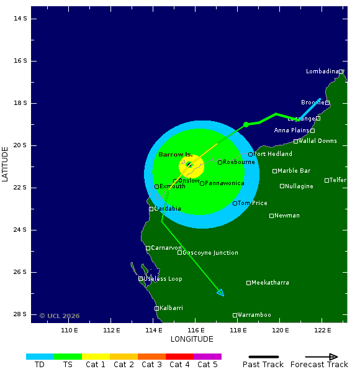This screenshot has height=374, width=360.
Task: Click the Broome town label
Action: pyautogui.click(x=312, y=103)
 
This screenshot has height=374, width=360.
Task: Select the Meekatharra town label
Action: pyautogui.click(x=270, y=283)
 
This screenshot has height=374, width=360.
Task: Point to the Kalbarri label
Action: pyautogui.click(x=171, y=308)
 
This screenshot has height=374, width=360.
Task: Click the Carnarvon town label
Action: pyautogui.click(x=166, y=248)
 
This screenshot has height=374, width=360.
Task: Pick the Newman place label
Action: pyautogui.click(x=287, y=216)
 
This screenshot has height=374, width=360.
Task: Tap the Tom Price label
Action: pyautogui.click(x=252, y=203)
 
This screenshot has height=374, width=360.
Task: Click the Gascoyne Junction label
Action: pyautogui.click(x=210, y=253)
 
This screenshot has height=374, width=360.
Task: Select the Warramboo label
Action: pyautogui.click(x=254, y=315)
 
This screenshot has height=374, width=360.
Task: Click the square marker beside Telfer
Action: pyautogui.click(x=326, y=180)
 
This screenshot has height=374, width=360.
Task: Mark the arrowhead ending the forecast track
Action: pyautogui.click(x=221, y=293)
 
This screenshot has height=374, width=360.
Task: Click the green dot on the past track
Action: pyautogui.click(x=246, y=125)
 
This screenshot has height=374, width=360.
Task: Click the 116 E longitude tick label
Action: pyautogui.click(x=196, y=330)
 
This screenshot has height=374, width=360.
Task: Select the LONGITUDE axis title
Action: pyautogui.click(x=192, y=339)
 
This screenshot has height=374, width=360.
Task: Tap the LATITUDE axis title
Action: pyautogui.click(x=6, y=164)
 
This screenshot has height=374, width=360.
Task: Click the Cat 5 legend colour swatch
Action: pyautogui.click(x=207, y=357)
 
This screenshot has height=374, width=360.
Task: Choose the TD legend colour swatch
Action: pyautogui.click(x=40, y=357)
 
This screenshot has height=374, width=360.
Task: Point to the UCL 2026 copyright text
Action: pyautogui.click(x=60, y=316)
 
